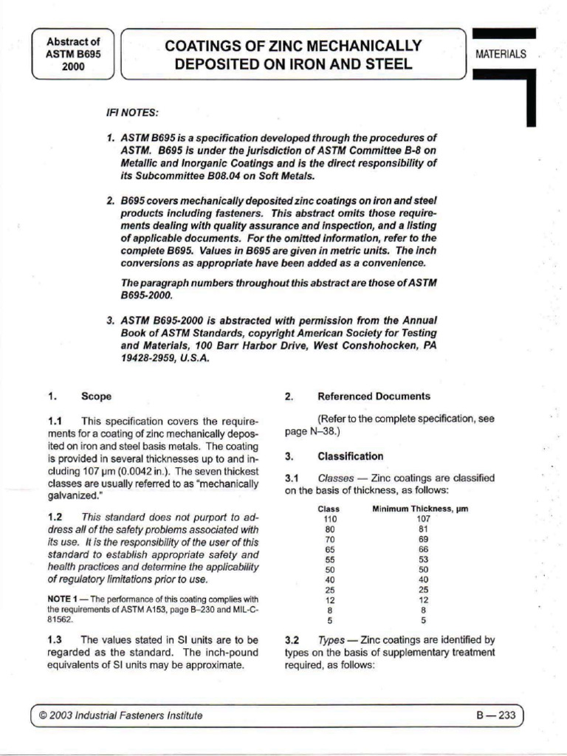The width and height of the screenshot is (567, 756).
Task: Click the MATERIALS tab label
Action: tap(501, 55)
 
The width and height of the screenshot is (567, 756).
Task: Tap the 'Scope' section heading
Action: tap(97, 396)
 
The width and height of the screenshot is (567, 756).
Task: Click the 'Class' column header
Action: tap(329, 509)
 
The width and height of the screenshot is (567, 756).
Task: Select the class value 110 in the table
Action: tap(330, 520)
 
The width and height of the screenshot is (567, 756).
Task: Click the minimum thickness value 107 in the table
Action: tap(423, 520)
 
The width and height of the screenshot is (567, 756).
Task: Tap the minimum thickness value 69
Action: tap(423, 540)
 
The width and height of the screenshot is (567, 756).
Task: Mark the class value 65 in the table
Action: tap(330, 549)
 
